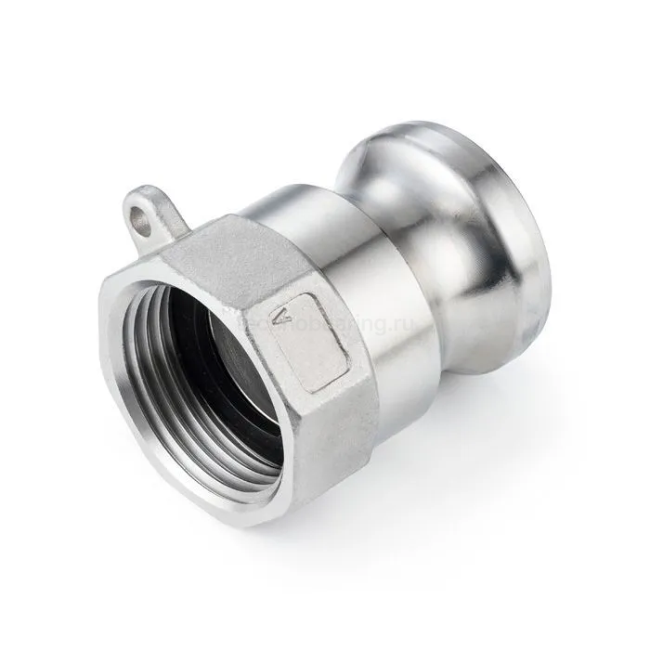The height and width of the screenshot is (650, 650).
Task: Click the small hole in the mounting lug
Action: pos(140,220)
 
